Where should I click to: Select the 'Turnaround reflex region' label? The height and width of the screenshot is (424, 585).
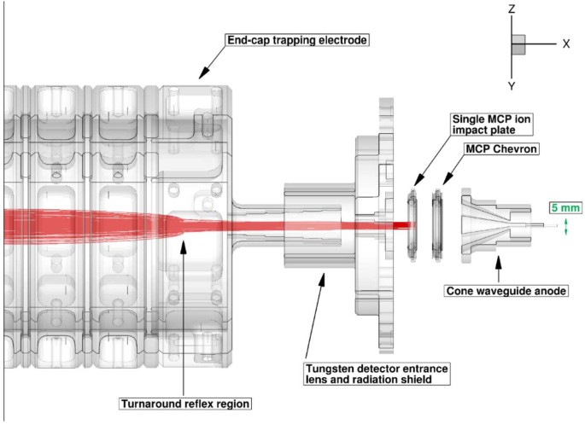(183, 400)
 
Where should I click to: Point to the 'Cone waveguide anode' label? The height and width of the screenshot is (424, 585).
(507, 291)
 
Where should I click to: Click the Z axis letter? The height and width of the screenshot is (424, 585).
(511, 9)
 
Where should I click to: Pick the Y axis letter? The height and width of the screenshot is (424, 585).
(511, 85)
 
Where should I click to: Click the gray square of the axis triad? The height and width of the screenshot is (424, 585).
(518, 44)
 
